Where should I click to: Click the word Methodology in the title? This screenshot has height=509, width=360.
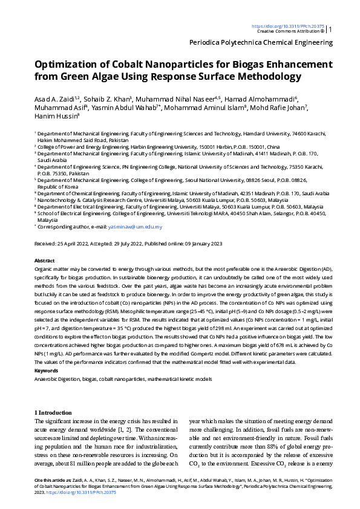point(266,77)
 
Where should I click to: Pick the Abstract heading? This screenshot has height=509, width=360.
point(45,259)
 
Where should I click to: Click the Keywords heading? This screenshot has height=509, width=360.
point(46,370)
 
